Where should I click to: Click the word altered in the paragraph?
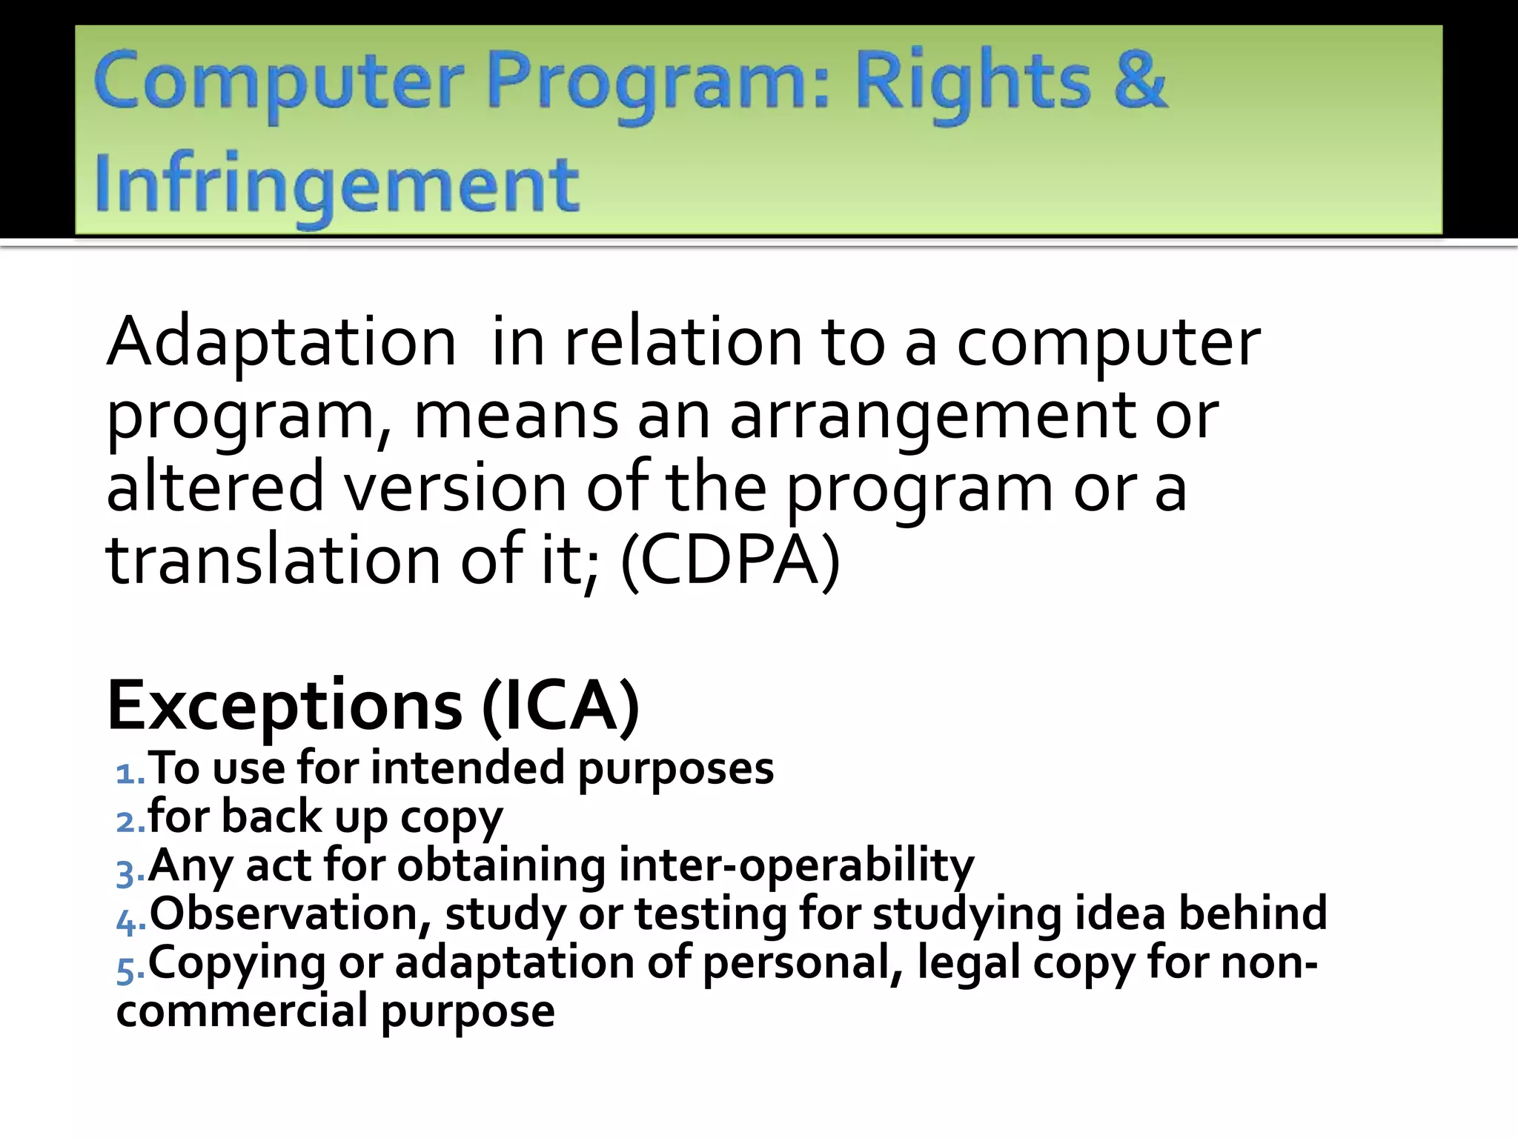(215, 487)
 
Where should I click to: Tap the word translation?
(274, 559)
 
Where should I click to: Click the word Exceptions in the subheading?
(285, 706)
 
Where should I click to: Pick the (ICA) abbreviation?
(560, 706)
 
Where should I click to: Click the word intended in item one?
(468, 768)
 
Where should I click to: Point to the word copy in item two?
(451, 817)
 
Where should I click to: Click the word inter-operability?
(796, 865)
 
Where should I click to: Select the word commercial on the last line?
(242, 1011)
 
